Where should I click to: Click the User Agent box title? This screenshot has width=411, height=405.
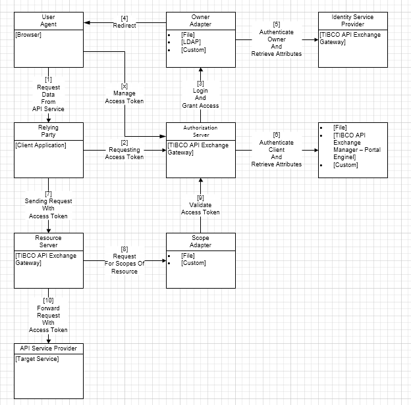coord(48,20)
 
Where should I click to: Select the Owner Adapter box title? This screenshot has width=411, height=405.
coord(200,20)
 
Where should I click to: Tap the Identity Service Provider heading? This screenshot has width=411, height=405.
coord(352,20)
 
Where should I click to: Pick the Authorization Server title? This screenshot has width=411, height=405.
coord(200,131)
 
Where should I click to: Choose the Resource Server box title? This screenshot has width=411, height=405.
coord(48,241)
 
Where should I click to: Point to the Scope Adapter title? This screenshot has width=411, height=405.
coord(200,241)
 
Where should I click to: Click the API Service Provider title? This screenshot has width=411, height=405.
coord(48,348)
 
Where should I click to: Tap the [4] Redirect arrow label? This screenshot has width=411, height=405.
coord(124,22)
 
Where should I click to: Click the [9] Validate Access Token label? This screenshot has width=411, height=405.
coord(200,204)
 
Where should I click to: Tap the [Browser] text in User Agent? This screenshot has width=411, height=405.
coord(28,35)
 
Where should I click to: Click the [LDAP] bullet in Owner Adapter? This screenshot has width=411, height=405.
coord(190,43)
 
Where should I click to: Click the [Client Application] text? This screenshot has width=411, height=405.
coord(41,145)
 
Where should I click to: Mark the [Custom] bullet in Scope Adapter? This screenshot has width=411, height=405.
coord(194,263)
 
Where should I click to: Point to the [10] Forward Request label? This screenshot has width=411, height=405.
coord(48,314)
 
